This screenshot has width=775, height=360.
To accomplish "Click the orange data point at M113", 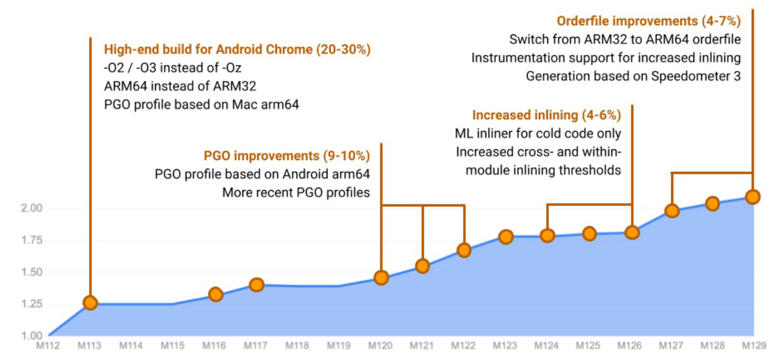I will pos(90,303).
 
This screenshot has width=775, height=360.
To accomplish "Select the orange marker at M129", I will pos(752,196).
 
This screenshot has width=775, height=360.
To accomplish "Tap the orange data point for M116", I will pos(215,294).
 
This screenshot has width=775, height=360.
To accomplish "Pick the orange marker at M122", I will pos(464,250).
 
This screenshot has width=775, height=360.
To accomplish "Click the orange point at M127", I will pos(672,211).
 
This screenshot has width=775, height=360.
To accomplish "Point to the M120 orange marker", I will pos(381,278).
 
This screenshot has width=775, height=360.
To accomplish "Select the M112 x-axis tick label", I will pos(48,346).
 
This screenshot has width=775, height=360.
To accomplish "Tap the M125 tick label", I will pos(588,346).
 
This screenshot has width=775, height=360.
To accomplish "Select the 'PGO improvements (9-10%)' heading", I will pos(287,156).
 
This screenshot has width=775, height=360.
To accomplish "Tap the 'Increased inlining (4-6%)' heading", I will pos(546,115).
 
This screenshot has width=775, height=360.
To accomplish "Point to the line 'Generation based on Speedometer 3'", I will pos(634,77).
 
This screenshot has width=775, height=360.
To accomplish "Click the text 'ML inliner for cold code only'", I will pos(538,134).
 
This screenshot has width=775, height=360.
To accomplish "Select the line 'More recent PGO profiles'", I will pos(296,193).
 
